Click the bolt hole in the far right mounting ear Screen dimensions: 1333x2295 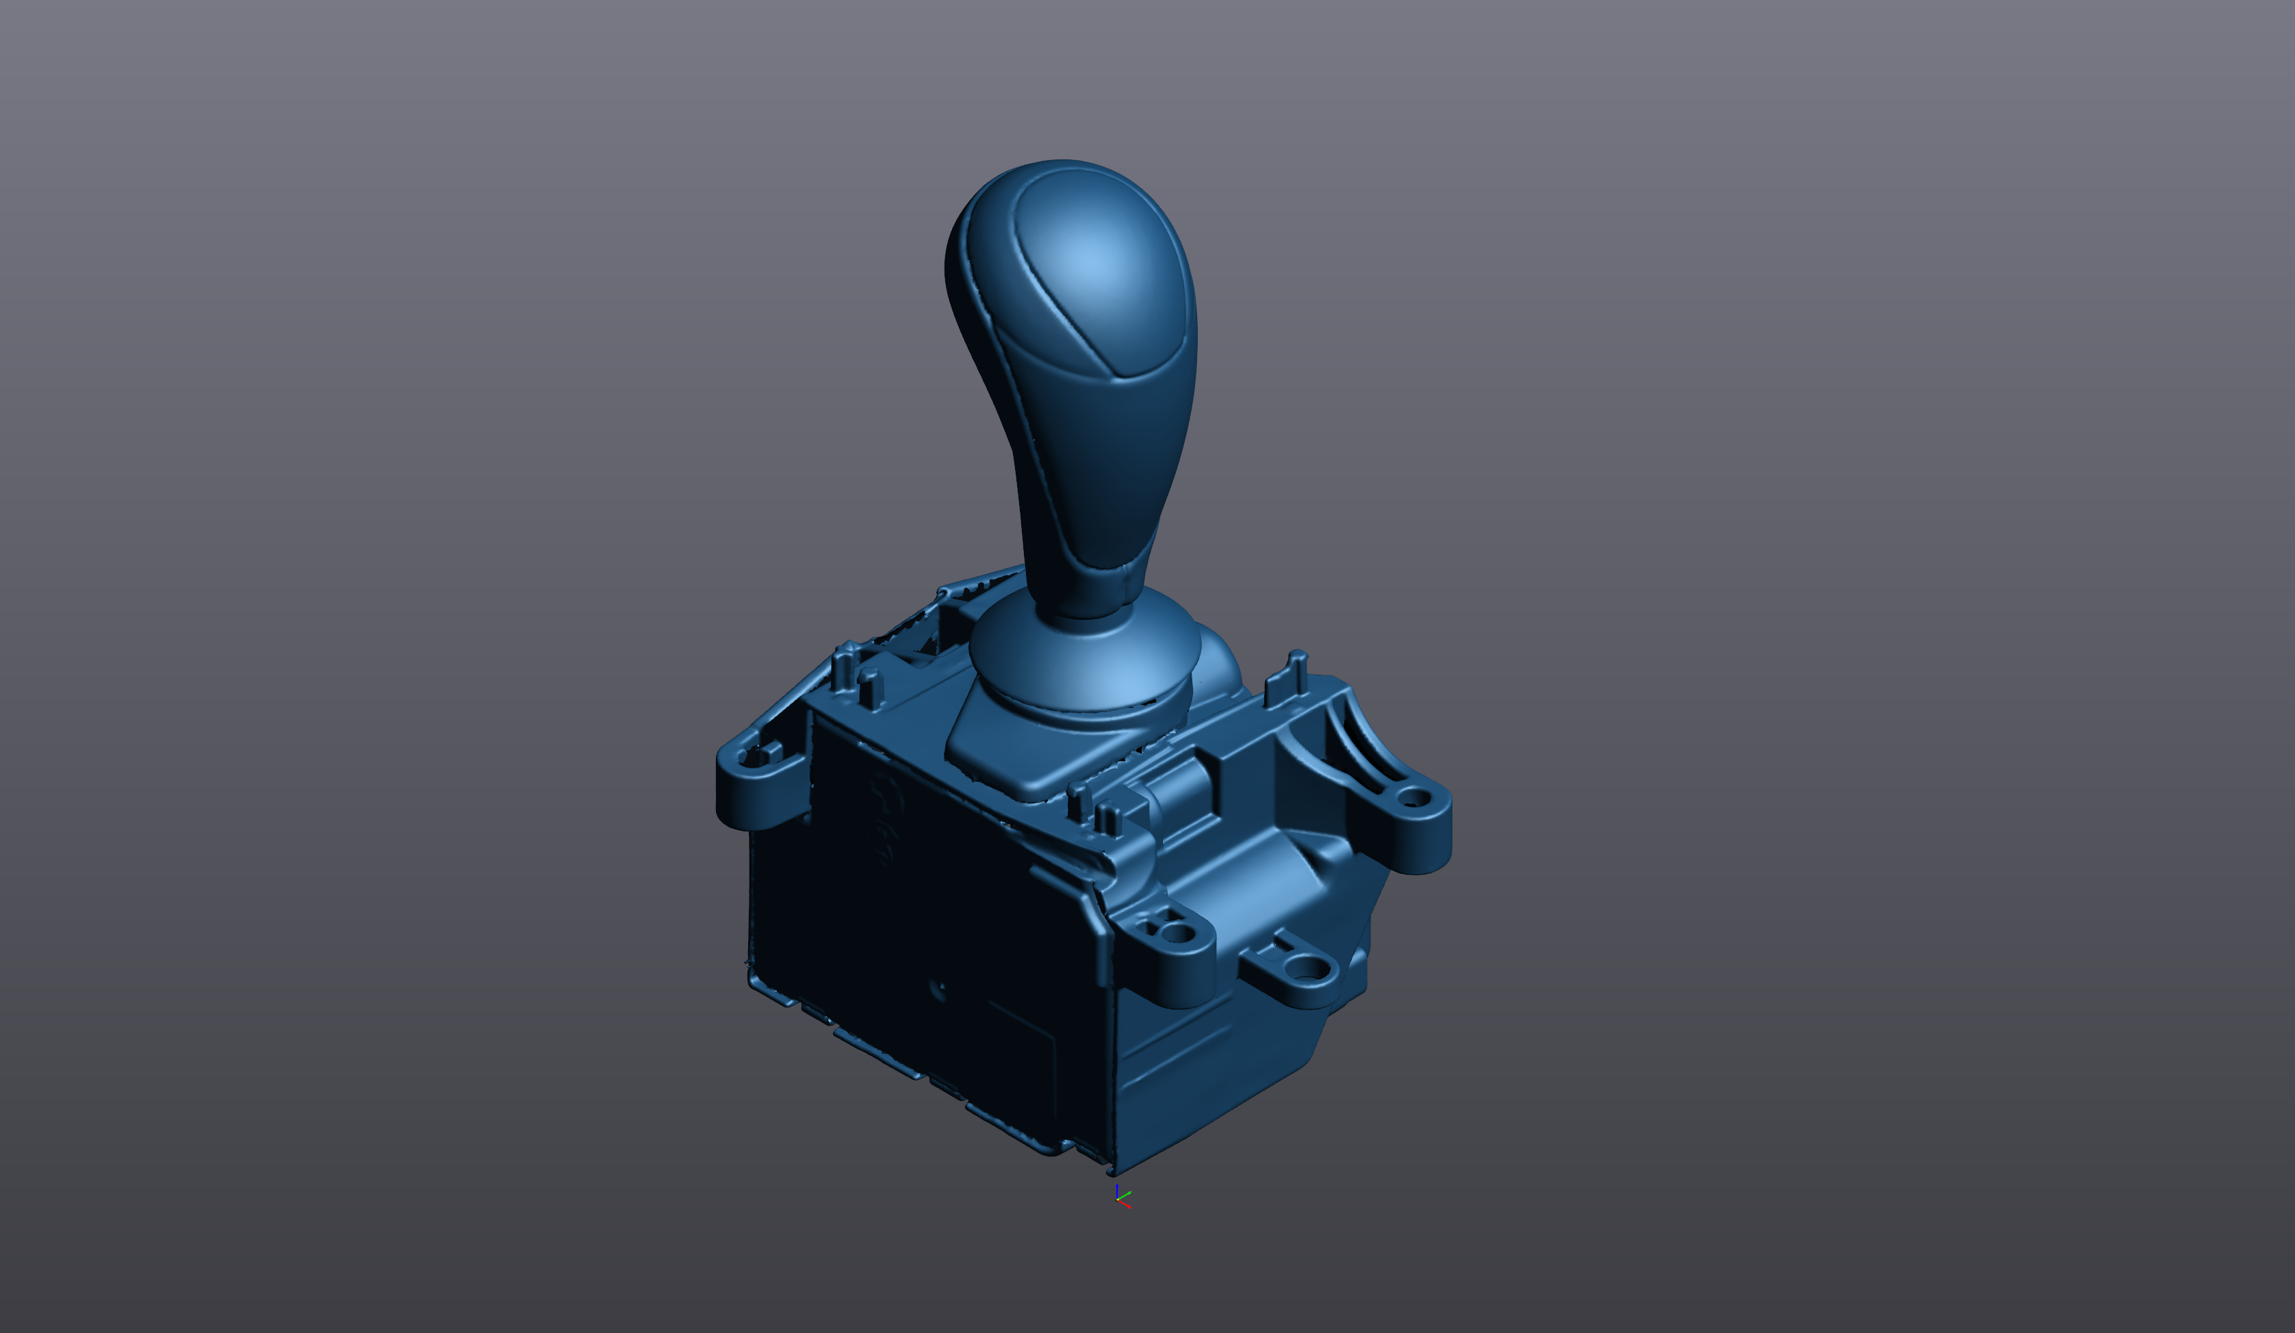coord(1413,799)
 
